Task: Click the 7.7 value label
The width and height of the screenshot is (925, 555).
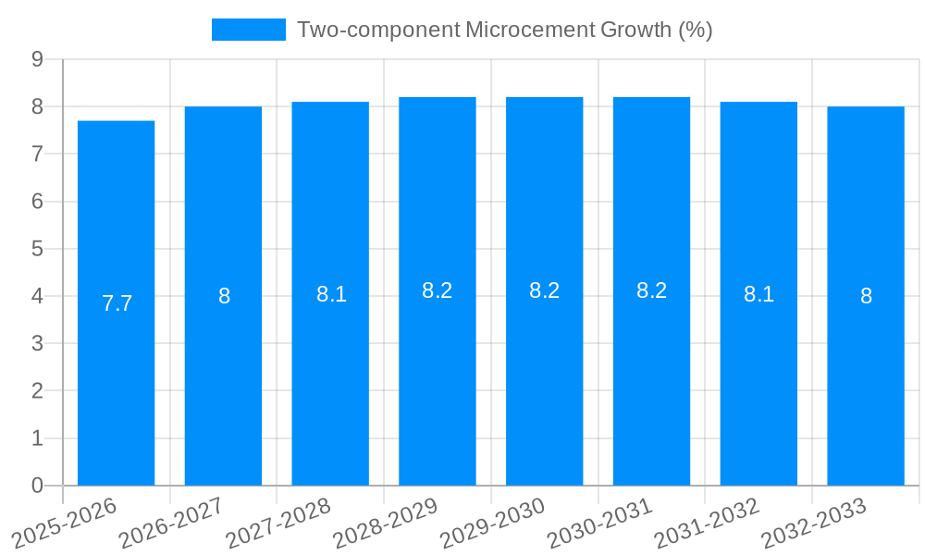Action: click(x=117, y=303)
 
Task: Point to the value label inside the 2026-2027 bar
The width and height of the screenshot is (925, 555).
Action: click(x=224, y=296)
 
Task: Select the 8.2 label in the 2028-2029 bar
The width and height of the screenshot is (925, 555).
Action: click(x=437, y=290)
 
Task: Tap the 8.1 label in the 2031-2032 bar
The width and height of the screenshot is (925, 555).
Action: click(x=758, y=295)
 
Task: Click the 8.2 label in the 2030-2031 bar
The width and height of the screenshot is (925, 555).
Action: click(x=651, y=290)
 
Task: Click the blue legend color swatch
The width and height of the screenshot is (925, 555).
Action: click(x=248, y=30)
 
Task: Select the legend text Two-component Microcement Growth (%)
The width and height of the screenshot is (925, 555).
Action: click(x=504, y=30)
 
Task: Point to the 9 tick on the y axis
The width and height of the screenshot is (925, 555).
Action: click(x=37, y=59)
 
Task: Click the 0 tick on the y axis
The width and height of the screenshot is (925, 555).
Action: click(x=37, y=486)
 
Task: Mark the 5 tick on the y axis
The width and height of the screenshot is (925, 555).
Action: click(x=37, y=249)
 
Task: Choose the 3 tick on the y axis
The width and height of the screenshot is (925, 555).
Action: click(x=37, y=344)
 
